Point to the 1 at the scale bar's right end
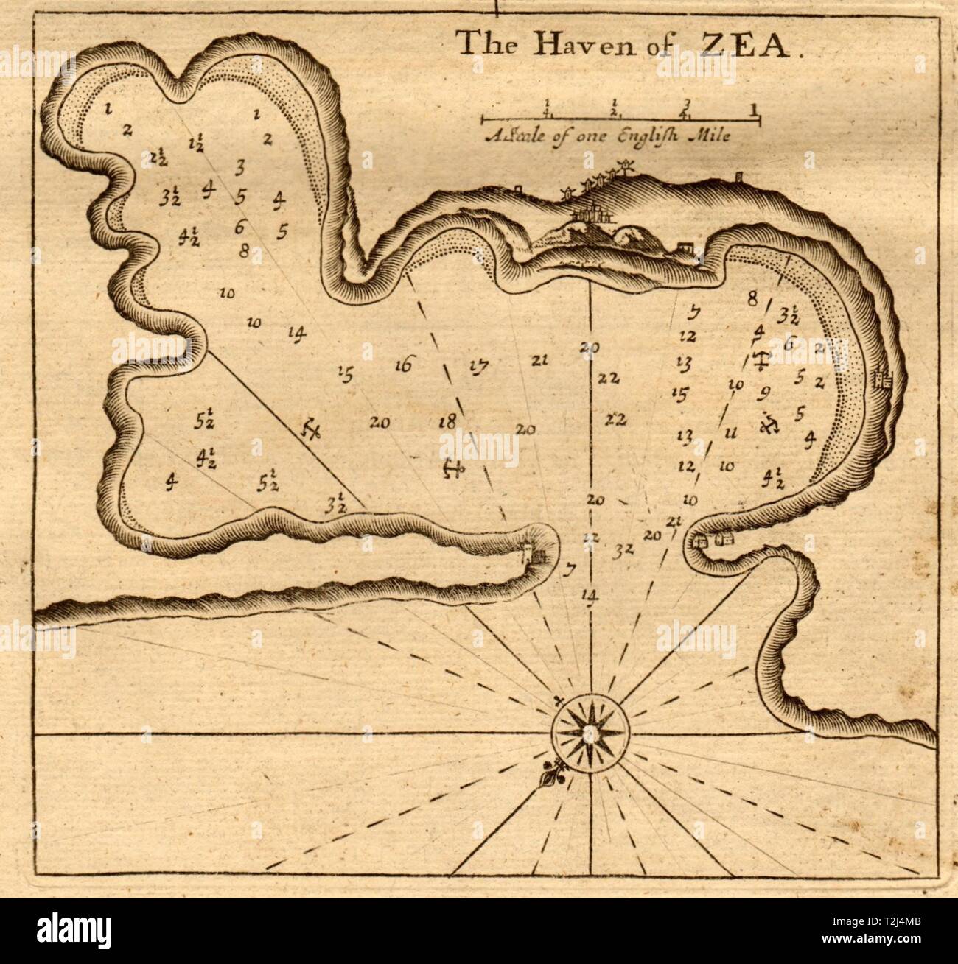point(753,110)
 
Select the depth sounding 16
point(403,364)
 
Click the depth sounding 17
point(478,366)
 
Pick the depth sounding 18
point(447,421)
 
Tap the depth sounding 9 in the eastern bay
point(764,391)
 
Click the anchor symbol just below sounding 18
point(452,468)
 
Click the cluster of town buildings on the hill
point(588,216)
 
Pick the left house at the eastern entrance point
point(701,542)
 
